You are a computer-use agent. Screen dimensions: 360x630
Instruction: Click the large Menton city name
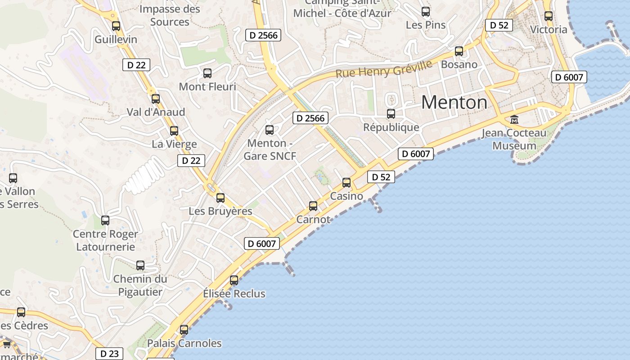click(454, 103)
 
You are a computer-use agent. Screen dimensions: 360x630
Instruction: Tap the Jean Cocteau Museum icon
click(514, 120)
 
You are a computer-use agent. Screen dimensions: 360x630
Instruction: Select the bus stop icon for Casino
click(346, 183)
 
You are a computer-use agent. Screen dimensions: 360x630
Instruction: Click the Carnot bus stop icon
click(313, 206)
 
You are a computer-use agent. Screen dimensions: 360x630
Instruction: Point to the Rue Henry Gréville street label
click(384, 68)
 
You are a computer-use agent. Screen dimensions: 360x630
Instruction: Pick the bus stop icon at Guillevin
click(116, 26)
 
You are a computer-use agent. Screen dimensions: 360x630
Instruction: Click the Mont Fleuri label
click(207, 86)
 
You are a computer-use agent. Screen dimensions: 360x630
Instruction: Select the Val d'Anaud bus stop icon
click(156, 99)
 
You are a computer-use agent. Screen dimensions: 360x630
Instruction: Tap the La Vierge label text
click(174, 144)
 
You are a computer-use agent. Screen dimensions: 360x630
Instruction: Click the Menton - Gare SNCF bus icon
click(270, 130)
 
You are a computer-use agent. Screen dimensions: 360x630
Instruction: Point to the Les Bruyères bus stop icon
click(220, 198)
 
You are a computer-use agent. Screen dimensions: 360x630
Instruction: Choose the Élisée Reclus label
click(234, 294)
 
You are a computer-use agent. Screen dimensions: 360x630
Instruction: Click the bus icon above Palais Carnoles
click(184, 329)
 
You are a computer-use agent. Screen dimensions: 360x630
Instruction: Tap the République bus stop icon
click(391, 114)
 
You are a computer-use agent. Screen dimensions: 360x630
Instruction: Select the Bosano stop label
click(459, 64)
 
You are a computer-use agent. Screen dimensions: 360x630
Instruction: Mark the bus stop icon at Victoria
click(549, 16)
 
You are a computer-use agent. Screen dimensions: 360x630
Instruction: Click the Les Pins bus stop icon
click(426, 12)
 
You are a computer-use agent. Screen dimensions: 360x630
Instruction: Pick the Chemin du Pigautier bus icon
click(140, 265)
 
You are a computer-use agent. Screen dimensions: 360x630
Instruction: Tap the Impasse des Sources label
click(170, 15)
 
